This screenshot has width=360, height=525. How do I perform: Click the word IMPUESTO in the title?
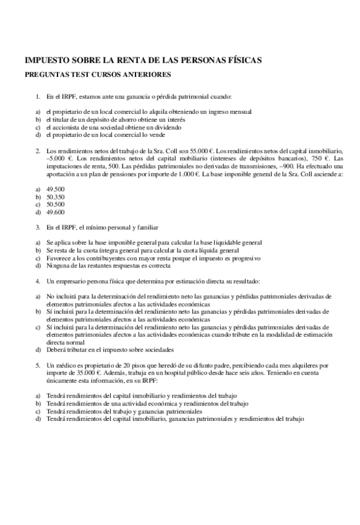(x=45, y=60)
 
